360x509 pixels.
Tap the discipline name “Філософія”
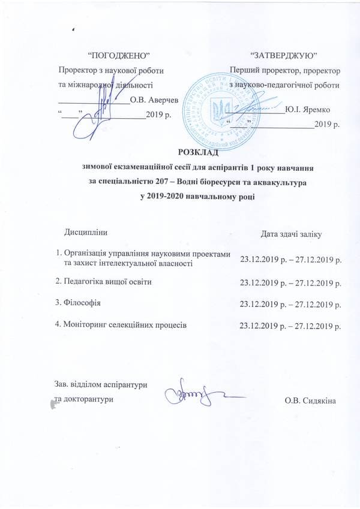pos(77,303)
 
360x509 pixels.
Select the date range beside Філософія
pos(290,305)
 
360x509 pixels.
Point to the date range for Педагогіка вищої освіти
pos(290,282)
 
